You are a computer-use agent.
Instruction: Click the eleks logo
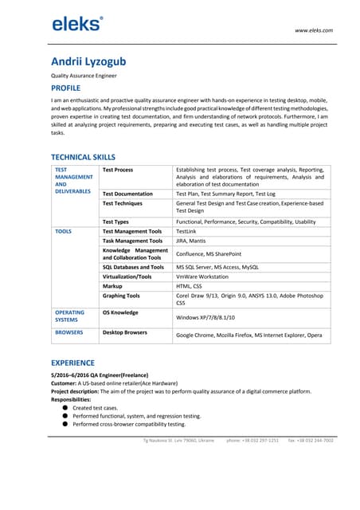click(x=77, y=24)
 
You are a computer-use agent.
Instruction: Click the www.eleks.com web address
click(x=314, y=30)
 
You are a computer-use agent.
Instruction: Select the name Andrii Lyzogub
click(x=88, y=61)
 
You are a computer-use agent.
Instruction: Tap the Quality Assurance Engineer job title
click(x=84, y=76)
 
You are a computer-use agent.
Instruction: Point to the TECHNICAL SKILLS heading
click(x=84, y=157)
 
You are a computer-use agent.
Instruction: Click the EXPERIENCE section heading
click(x=73, y=363)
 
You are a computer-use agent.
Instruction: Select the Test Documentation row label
click(x=127, y=194)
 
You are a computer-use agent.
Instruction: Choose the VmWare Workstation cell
click(x=202, y=277)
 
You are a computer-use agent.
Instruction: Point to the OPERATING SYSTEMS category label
click(x=70, y=316)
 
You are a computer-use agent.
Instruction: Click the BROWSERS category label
click(x=69, y=332)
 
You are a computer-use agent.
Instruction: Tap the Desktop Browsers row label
click(x=125, y=332)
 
